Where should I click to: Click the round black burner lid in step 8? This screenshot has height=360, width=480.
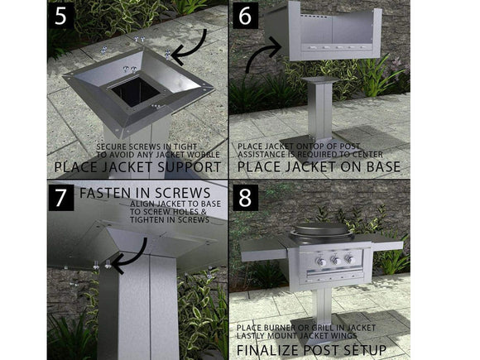pyautogui.click(x=321, y=229)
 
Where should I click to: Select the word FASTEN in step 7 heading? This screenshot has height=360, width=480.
pyautogui.click(x=110, y=193)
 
